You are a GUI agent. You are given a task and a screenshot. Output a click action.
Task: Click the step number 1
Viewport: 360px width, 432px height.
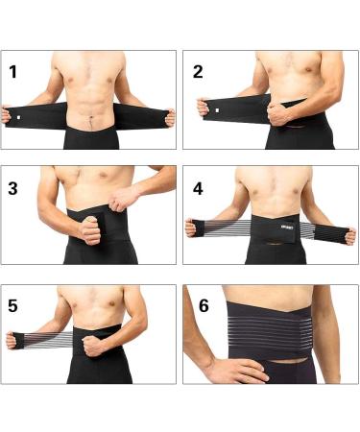point(13,70)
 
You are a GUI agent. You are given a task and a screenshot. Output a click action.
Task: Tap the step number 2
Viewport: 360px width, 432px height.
point(198,70)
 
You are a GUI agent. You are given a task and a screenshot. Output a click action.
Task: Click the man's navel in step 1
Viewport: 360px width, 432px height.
point(90,120)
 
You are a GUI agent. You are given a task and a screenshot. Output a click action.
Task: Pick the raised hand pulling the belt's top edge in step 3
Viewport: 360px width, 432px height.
point(123,199)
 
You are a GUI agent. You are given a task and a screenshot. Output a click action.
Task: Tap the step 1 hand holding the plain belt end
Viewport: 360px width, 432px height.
point(169,117)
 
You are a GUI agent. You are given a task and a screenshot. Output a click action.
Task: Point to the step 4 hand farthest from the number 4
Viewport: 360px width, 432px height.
point(349,234)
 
